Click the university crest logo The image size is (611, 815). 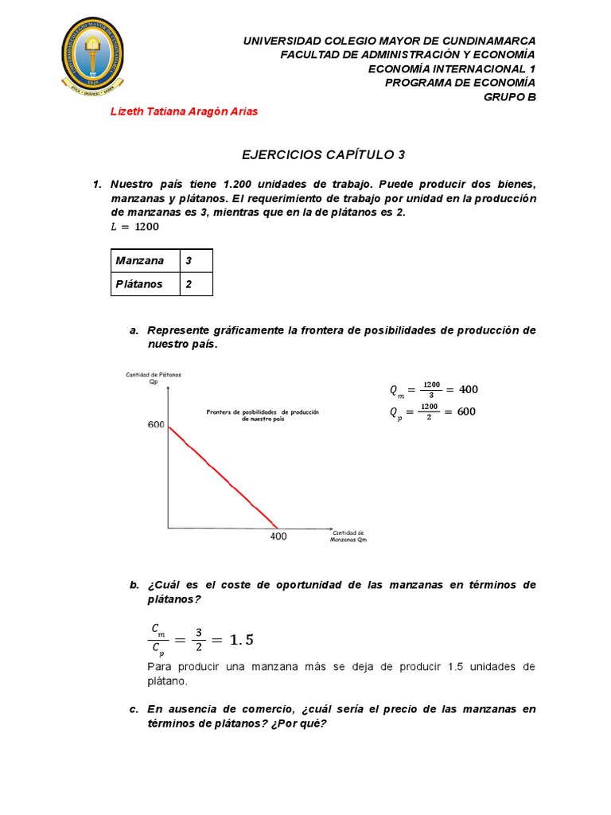click(x=94, y=55)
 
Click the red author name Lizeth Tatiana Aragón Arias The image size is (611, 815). click(x=183, y=111)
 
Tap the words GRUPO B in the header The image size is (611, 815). click(x=510, y=97)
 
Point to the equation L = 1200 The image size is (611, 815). click(x=134, y=227)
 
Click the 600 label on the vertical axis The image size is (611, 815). click(x=156, y=425)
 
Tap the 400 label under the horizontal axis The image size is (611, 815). click(x=278, y=536)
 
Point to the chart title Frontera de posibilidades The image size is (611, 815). click(x=263, y=415)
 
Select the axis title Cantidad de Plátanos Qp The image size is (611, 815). click(x=154, y=377)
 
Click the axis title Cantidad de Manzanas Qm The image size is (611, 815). click(x=348, y=536)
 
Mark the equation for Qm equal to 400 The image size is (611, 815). click(x=433, y=389)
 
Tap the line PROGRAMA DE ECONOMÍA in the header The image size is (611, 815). click(x=460, y=83)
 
